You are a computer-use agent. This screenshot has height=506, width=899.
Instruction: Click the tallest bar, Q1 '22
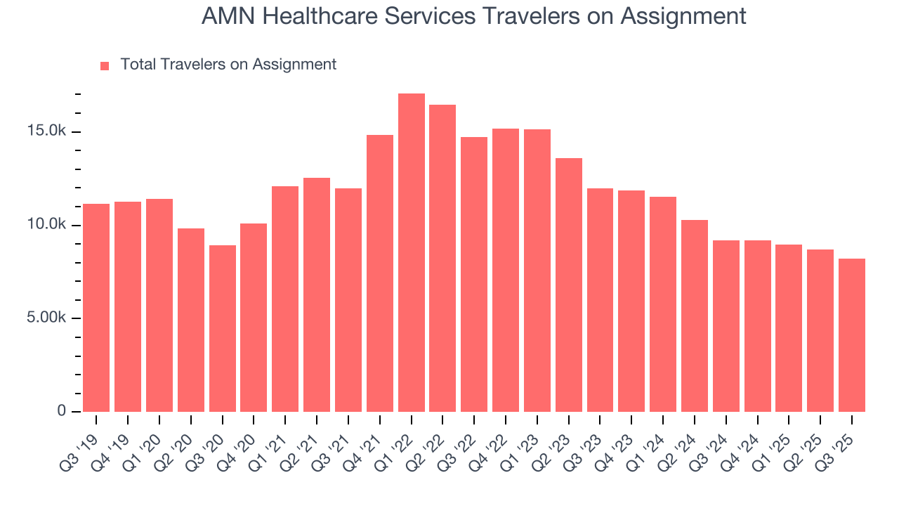(x=412, y=252)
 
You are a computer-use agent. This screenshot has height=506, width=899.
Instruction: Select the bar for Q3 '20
(x=222, y=328)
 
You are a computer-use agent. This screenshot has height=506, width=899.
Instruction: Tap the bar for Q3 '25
(x=852, y=335)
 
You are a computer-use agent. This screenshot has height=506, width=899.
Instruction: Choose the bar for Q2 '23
(x=569, y=285)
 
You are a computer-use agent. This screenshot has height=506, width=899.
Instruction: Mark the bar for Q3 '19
(x=96, y=308)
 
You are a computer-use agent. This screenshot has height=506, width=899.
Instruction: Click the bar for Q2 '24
(x=695, y=316)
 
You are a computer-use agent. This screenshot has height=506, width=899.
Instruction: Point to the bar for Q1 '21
(x=285, y=299)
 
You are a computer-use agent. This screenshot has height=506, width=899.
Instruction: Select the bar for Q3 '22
(x=474, y=274)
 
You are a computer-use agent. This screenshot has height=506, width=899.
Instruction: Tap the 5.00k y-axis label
(x=48, y=318)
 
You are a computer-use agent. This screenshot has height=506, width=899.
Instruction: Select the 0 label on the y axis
(x=62, y=411)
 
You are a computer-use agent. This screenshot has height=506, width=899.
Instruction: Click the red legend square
(x=105, y=66)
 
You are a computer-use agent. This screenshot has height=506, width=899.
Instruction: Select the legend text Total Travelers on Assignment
(x=228, y=65)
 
